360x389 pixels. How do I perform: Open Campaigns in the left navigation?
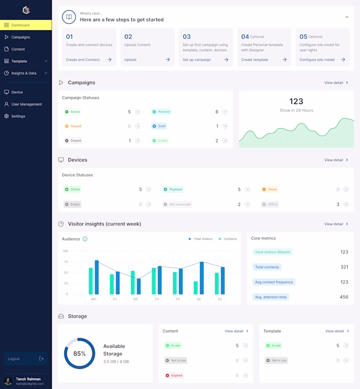[x=21, y=37]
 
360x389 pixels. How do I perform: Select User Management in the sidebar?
[x=26, y=104]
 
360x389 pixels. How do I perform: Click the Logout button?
[x=26, y=359]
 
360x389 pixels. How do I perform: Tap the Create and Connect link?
[x=83, y=60]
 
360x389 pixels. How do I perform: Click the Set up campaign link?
[x=197, y=60]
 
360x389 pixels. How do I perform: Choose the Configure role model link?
[x=317, y=60]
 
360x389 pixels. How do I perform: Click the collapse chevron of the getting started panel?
[x=347, y=17]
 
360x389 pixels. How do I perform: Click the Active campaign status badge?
[x=73, y=112]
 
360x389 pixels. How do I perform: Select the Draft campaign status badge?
[x=160, y=126]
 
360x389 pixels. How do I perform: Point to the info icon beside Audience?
[x=85, y=239]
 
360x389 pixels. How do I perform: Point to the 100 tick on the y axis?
[x=65, y=251]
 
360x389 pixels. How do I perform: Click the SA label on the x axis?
[x=199, y=299]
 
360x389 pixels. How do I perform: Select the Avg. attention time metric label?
[x=271, y=297]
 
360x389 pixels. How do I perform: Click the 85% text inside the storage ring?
[x=79, y=353]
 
